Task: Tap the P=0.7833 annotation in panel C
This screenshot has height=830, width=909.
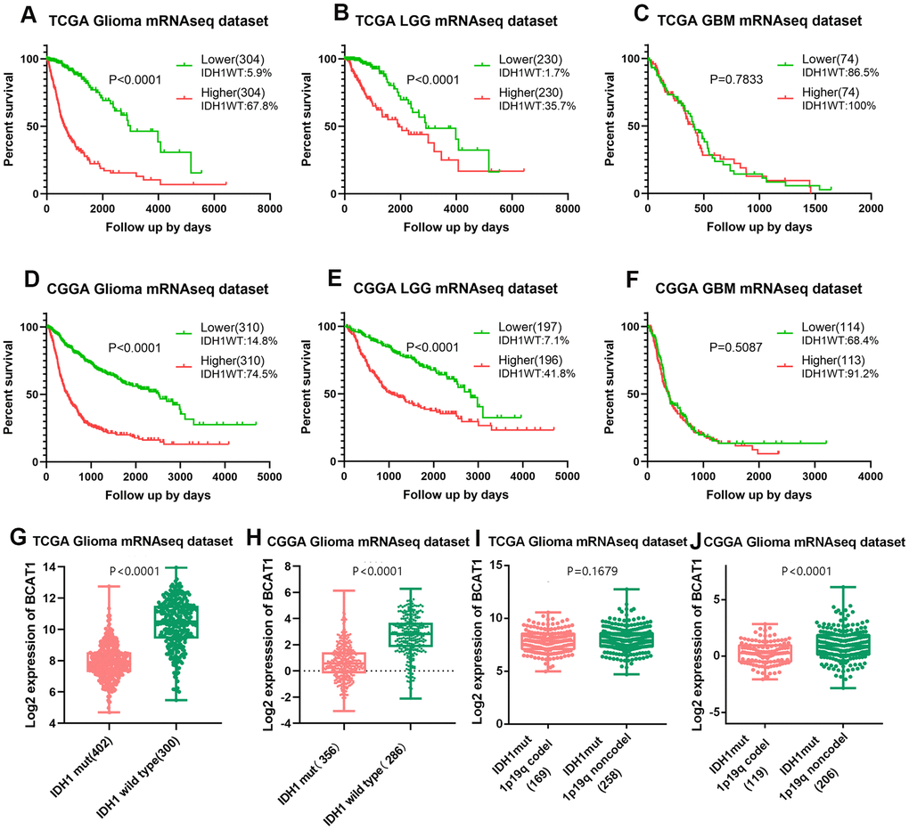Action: click(x=711, y=77)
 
